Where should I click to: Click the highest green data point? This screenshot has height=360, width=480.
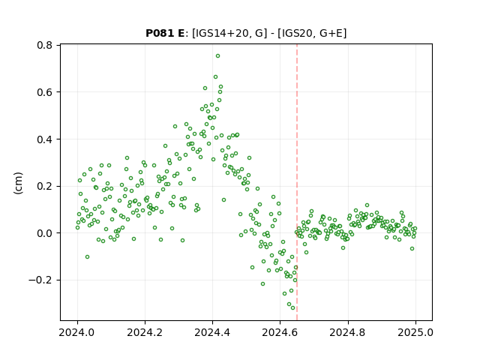tap(217, 56)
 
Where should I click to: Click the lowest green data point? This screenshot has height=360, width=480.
tap(292, 308)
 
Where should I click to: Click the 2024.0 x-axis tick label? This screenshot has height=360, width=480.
tap(77, 332)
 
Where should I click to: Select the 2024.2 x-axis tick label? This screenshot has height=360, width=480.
tap(145, 332)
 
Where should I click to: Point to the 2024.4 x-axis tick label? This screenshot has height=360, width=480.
tap(212, 332)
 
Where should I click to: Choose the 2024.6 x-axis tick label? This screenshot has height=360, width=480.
tap(280, 332)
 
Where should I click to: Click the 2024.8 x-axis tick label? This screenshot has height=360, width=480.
tap(348, 332)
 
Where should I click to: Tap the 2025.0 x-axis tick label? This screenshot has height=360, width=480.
tap(415, 332)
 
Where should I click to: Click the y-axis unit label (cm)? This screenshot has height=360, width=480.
tap(18, 183)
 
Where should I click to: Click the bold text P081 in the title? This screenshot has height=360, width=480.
tap(158, 33)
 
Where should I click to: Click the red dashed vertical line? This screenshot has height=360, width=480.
tap(297, 182)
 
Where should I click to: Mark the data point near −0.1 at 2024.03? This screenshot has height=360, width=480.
tap(87, 256)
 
